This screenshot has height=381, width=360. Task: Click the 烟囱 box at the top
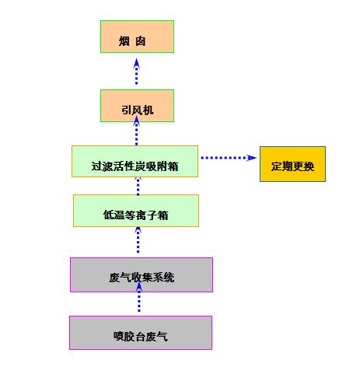137,37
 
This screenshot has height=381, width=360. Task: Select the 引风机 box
137,106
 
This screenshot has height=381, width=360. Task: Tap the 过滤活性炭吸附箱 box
135,162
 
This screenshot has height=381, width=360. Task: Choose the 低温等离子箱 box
136,211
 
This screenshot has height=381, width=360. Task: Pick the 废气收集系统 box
142,274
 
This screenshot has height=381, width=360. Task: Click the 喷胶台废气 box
141,333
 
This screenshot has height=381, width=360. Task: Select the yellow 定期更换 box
292,164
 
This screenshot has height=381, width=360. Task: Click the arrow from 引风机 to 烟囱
137,72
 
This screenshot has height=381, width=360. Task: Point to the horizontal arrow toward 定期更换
229,158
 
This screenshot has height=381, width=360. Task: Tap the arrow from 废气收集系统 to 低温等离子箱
138,239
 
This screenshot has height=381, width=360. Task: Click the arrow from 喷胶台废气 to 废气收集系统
139,297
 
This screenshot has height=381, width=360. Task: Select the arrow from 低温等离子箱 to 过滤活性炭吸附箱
138,187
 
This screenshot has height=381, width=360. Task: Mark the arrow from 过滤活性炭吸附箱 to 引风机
137,131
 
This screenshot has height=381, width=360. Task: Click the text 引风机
138,110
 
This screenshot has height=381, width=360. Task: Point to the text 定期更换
292,166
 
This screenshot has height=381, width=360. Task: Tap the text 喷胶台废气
141,337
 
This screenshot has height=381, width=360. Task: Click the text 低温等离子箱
136,215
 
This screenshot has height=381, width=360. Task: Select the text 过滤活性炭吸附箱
135,166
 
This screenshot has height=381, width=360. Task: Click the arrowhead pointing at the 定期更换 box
251,158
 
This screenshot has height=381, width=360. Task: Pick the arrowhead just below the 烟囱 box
137,64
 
